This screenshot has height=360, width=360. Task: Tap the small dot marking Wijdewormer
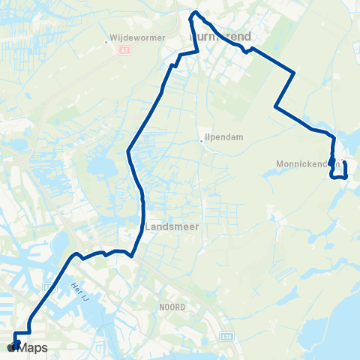point(107,42)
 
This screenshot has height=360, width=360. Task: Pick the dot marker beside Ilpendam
point(201,140)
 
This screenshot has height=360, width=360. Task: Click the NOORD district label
point(171,306)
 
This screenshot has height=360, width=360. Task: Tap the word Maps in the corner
point(33,347)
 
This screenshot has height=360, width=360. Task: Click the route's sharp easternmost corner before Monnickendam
point(295,73)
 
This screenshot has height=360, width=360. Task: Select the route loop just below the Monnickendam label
point(338,175)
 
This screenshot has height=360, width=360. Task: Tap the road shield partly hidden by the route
point(50,286)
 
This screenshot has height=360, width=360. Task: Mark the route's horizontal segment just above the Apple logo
point(22,331)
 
